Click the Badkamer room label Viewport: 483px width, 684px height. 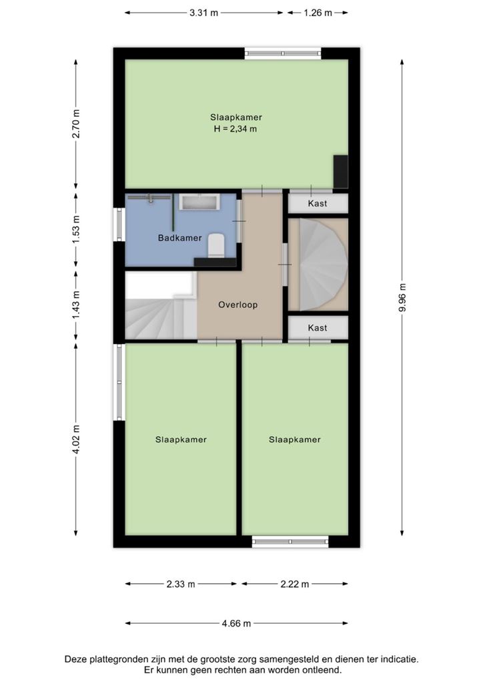coord(179,238)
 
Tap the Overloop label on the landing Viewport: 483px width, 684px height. coord(237,305)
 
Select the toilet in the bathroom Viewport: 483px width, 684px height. coord(216,246)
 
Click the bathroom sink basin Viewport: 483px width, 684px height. coord(199,202)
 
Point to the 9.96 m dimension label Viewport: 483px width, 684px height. coord(402,297)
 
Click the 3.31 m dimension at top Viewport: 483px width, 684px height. coord(204,13)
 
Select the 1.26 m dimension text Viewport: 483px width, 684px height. coord(318,13)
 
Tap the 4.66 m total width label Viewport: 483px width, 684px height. coord(236,623)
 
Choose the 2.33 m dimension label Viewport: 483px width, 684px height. coord(181,584)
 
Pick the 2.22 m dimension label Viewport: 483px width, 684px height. coord(295,584)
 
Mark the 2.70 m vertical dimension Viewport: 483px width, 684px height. coord(76,124)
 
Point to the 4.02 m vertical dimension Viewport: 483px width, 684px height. coord(76,440)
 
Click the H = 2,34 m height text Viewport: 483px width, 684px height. coord(235,129)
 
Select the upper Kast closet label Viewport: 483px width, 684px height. coord(317,203)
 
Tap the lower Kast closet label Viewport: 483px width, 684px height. coord(317,327)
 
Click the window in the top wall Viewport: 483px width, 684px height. coord(283,53)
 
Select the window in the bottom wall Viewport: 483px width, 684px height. coord(290,541)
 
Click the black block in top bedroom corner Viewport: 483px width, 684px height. coord(341,172)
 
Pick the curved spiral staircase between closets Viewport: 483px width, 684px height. coord(323,265)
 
